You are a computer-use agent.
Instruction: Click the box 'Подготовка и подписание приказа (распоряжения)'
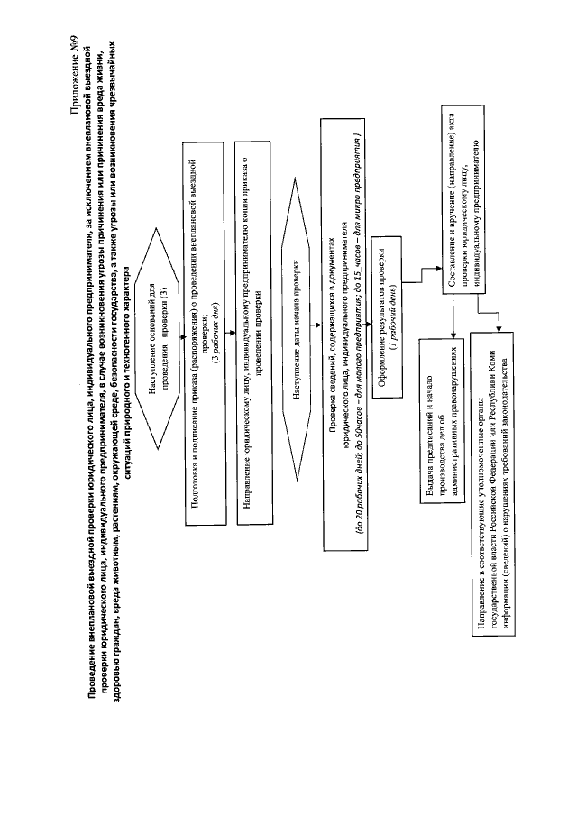coord(204,332)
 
